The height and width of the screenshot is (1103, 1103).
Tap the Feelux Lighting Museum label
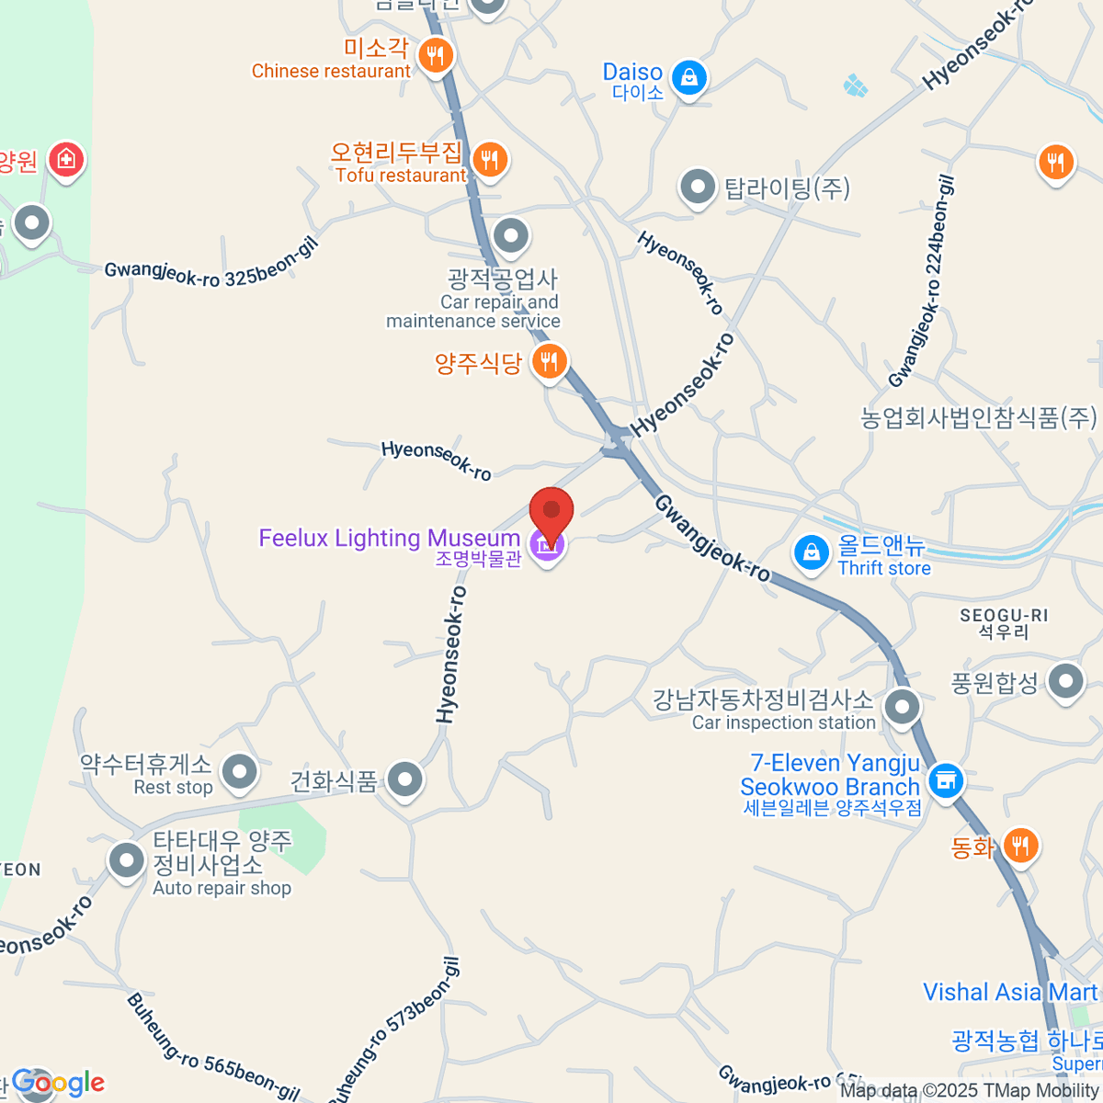click(x=389, y=539)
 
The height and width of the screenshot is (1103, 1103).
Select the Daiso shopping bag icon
click(x=688, y=78)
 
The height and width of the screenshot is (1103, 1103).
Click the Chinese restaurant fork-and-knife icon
click(x=435, y=56)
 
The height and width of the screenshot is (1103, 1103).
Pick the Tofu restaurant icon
click(x=489, y=160)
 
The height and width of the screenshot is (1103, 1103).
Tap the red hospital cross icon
click(x=66, y=161)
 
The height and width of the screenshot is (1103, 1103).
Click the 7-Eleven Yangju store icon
click(x=944, y=781)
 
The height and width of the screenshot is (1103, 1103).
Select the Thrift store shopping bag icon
click(x=811, y=553)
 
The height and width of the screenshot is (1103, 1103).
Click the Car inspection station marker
click(x=902, y=708)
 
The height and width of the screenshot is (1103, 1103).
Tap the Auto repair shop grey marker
click(x=127, y=861)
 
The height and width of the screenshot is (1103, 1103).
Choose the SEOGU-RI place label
click(x=1004, y=616)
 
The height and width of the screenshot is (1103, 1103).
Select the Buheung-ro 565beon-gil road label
click(x=212, y=1047)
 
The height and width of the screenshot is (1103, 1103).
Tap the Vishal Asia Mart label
click(x=1010, y=993)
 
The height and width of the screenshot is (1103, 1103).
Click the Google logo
click(x=58, y=1083)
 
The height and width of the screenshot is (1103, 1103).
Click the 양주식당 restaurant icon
click(x=549, y=363)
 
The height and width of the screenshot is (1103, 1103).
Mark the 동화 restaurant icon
click(x=1020, y=846)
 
